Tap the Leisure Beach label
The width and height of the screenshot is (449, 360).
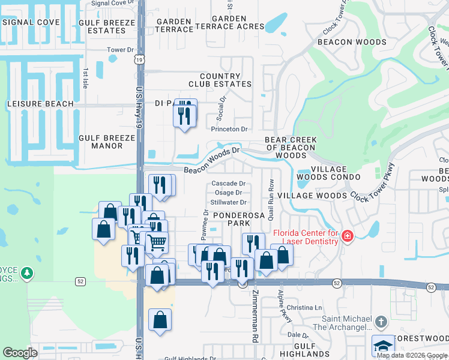click(x=40, y=104)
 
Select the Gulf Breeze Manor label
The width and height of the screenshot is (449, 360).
click(x=107, y=142)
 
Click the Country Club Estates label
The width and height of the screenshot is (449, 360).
click(x=220, y=80)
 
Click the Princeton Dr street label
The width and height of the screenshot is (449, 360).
click(x=229, y=129)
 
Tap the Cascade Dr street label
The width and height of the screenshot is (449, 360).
click(x=228, y=184)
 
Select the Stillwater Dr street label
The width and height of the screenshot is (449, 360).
click(x=227, y=202)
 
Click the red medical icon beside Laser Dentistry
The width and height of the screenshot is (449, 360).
click(x=346, y=237)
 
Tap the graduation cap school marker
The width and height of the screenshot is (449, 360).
click(x=383, y=346)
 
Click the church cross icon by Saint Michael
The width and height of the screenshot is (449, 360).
click(x=381, y=323)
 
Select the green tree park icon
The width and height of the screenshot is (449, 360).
click(x=26, y=274)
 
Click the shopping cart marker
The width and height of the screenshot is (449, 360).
click(x=157, y=242)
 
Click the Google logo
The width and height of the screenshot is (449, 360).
click(x=20, y=353)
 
